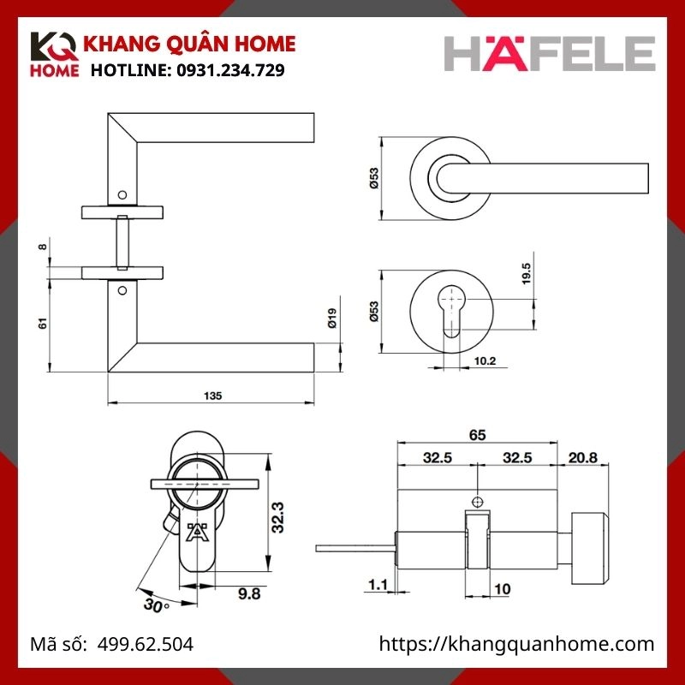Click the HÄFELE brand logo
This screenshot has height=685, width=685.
[548, 52]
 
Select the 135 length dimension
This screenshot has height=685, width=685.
[213, 396]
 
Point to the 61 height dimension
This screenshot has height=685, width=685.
[40, 324]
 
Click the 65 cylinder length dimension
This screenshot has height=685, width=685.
[478, 435]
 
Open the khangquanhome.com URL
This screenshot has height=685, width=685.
[516, 644]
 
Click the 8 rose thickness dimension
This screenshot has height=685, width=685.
[40, 247]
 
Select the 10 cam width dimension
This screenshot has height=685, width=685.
[501, 588]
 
